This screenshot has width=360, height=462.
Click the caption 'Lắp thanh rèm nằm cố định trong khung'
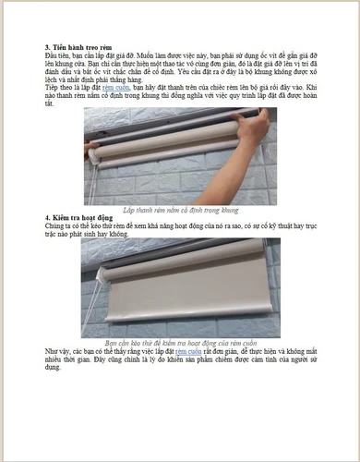tap(180, 211)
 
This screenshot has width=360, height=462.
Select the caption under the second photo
tap(180, 342)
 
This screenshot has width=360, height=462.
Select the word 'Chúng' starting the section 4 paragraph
tap(56, 225)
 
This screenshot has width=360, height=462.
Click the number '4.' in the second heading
tap(47, 217)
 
